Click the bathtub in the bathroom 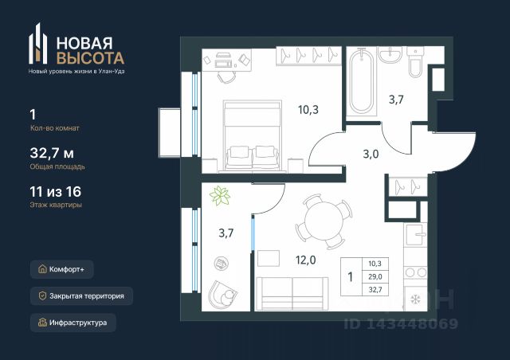pos(361,81)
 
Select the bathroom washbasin pos(390,55)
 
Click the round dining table pos(324,221)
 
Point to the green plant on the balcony pos(220,196)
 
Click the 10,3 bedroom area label pos(308,110)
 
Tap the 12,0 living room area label pos(305,260)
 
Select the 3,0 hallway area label pos(371,154)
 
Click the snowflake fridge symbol pos(415,299)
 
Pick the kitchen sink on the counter pos(415,234)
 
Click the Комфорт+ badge pos(62,269)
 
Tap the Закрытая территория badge pos(81,296)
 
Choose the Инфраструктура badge pos(73,323)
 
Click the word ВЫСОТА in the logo pos(90,58)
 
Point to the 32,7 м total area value pos(52,153)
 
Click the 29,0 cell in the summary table pos(375,276)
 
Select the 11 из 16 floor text pos(55,191)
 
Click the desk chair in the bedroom pos(226,76)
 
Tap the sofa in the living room pos(292,294)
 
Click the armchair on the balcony pos(222,295)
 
